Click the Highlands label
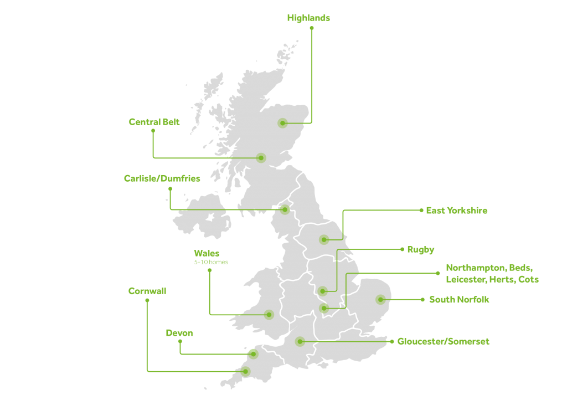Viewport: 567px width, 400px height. (308, 18)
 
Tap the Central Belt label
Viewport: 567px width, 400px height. (154, 122)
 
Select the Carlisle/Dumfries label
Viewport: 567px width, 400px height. (162, 178)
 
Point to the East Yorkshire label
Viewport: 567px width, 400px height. (456, 211)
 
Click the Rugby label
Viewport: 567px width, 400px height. (421, 250)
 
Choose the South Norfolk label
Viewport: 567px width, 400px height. (459, 300)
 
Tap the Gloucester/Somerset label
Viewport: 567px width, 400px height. (443, 342)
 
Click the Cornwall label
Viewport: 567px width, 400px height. (147, 291)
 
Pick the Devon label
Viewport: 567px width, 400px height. (179, 333)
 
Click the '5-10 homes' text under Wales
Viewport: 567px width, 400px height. (211, 261)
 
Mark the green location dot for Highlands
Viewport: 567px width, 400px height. (283, 123)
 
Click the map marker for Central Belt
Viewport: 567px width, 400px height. (261, 158)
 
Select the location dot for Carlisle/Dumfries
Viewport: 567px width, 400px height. (285, 209)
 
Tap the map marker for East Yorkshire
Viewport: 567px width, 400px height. (324, 239)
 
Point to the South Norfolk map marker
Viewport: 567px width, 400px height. (380, 300)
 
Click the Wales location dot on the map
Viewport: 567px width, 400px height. (269, 315)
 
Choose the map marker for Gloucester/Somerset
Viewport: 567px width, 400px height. (300, 342)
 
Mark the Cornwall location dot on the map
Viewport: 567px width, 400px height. (245, 371)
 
